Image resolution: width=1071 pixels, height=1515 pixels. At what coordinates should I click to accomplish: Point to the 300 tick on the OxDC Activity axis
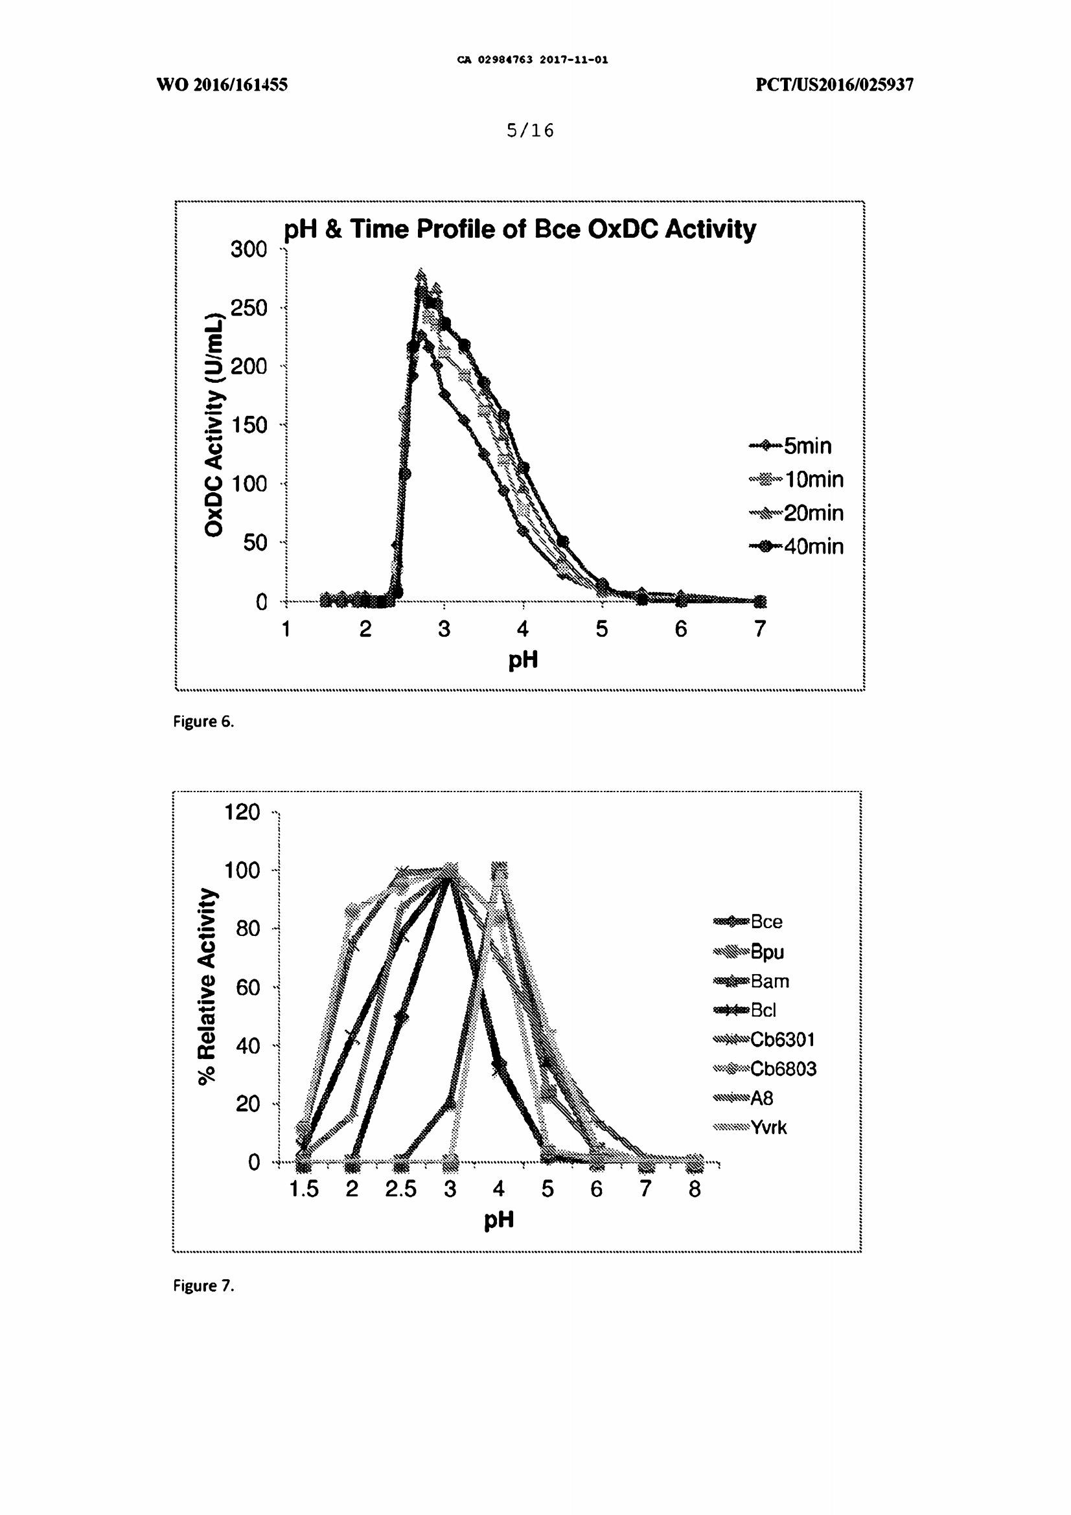coord(249,249)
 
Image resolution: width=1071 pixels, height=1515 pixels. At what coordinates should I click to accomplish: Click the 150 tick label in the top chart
coord(249,425)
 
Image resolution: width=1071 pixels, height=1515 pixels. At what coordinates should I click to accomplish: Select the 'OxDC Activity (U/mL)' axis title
coord(214,425)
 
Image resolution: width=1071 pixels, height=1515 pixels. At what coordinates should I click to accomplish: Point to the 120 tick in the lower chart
coord(242,812)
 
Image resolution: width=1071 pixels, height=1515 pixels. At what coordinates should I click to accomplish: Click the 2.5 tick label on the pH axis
coord(400,1189)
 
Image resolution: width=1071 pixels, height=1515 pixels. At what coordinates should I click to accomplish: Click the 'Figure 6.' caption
coord(203,721)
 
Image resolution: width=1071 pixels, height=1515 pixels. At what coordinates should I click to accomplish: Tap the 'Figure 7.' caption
coord(203,1285)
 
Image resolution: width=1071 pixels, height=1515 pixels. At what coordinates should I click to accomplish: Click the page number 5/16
coord(530,131)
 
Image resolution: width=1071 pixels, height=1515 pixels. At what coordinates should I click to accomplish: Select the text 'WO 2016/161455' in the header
coord(222,84)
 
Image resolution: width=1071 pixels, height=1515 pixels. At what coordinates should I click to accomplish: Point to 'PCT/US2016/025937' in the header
coord(834,84)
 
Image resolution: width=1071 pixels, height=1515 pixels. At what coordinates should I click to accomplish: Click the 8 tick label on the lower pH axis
coord(694,1189)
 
